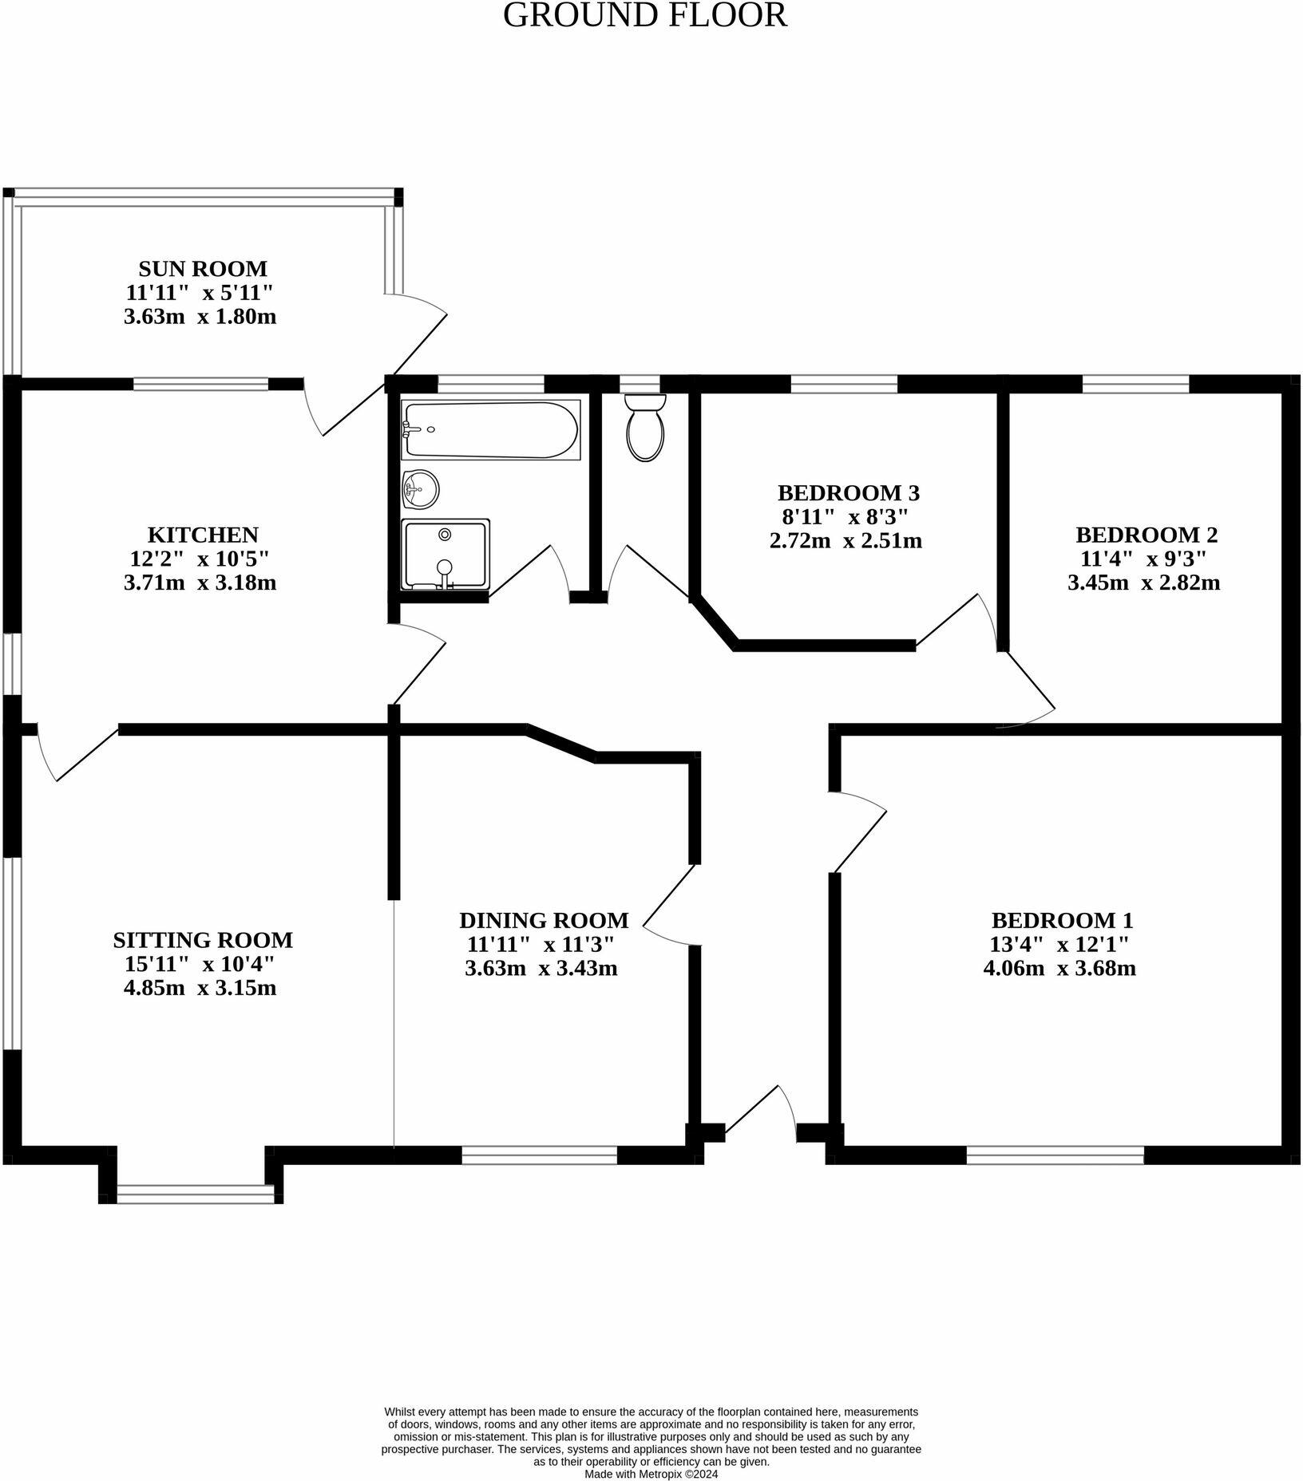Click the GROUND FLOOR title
coord(645,15)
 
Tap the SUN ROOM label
coord(203,268)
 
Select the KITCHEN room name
coord(203,534)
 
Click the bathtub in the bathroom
coord(490,430)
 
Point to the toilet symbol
coord(645,428)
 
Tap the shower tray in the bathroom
coord(445,554)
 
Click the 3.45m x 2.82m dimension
coord(1143,583)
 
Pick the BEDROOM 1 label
coord(1062,920)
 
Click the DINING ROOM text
coord(544,920)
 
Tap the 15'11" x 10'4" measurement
coord(200,964)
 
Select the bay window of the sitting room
coord(196,1194)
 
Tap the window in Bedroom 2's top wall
coord(1135,384)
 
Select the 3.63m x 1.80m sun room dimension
coord(200,317)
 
